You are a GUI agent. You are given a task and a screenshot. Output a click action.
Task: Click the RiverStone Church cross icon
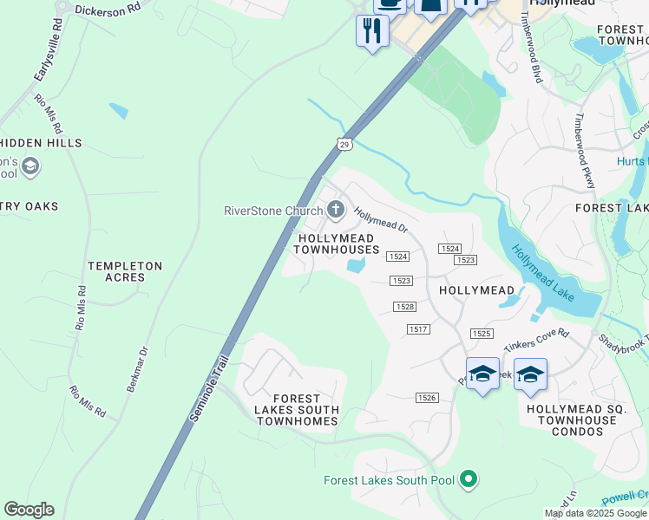(x=336, y=209)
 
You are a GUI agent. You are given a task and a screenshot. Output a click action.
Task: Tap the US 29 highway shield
(x=344, y=143)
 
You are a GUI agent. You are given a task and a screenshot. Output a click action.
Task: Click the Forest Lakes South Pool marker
(x=469, y=478)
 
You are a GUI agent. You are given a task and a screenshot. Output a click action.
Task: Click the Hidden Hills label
(x=42, y=143)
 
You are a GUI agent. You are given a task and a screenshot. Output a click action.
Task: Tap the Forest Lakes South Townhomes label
(x=297, y=409)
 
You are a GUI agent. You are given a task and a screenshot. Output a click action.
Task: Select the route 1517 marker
(x=418, y=328)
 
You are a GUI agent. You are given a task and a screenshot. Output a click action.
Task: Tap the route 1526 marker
(x=426, y=397)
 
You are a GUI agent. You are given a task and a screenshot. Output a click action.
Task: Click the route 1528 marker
(x=404, y=307)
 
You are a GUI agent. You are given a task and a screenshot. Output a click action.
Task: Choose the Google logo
(x=29, y=510)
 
